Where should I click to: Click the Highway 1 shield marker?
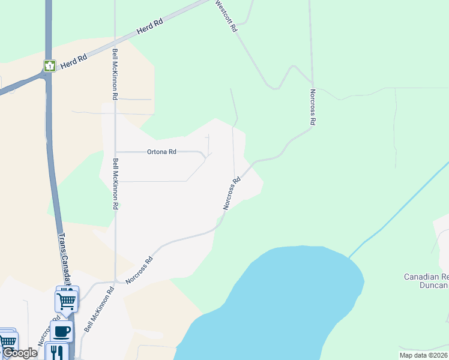pyautogui.click(x=49, y=65)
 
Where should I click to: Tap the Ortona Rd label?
pyautogui.click(x=161, y=152)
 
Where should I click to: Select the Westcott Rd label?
pyautogui.click(x=226, y=16)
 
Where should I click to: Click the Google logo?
pyautogui.click(x=19, y=353)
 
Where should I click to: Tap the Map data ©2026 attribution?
pyautogui.click(x=423, y=355)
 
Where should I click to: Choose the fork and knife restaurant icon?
pyautogui.click(x=56, y=351)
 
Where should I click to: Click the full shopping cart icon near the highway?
pyautogui.click(x=66, y=300)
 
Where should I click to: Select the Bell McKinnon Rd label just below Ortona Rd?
pyautogui.click(x=115, y=184)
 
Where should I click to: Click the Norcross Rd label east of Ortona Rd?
pyautogui.click(x=232, y=193)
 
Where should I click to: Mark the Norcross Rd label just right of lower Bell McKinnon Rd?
pyautogui.click(x=139, y=271)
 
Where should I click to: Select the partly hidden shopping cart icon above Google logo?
pyautogui.click(x=7, y=340)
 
